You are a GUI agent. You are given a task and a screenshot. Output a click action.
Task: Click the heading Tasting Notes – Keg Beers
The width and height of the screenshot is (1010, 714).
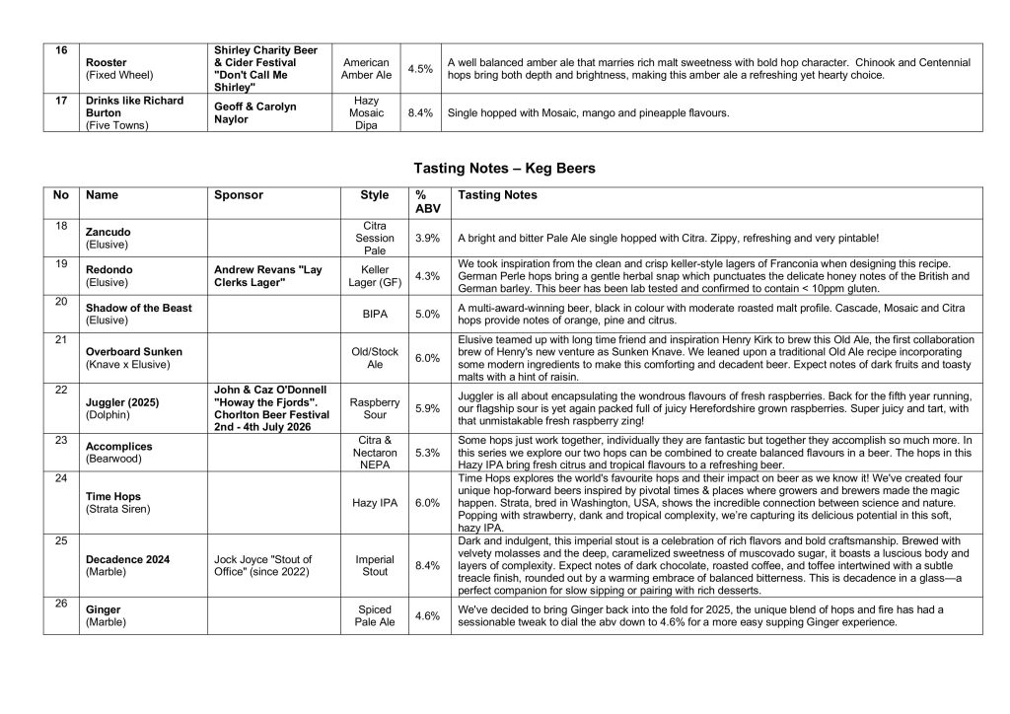tap(504, 169)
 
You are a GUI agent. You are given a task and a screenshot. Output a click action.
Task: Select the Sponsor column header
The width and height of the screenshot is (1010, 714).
tap(239, 195)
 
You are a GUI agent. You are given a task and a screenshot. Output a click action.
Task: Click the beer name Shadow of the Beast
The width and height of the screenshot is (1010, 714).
tap(139, 308)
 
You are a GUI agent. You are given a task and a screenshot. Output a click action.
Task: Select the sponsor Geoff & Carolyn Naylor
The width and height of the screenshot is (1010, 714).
tap(254, 112)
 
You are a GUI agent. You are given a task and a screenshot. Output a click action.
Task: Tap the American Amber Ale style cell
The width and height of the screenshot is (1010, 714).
tap(366, 68)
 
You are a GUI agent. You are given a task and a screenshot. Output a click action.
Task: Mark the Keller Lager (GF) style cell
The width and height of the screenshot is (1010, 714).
tap(375, 276)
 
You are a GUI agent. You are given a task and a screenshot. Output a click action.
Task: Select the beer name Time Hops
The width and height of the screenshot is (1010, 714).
tap(113, 497)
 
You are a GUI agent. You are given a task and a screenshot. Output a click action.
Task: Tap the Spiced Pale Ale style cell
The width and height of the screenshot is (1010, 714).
tap(375, 616)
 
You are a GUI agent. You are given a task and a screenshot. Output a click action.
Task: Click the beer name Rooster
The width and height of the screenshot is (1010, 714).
tap(107, 61)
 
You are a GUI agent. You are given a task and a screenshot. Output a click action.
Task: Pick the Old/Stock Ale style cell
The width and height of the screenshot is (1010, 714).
tap(375, 358)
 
